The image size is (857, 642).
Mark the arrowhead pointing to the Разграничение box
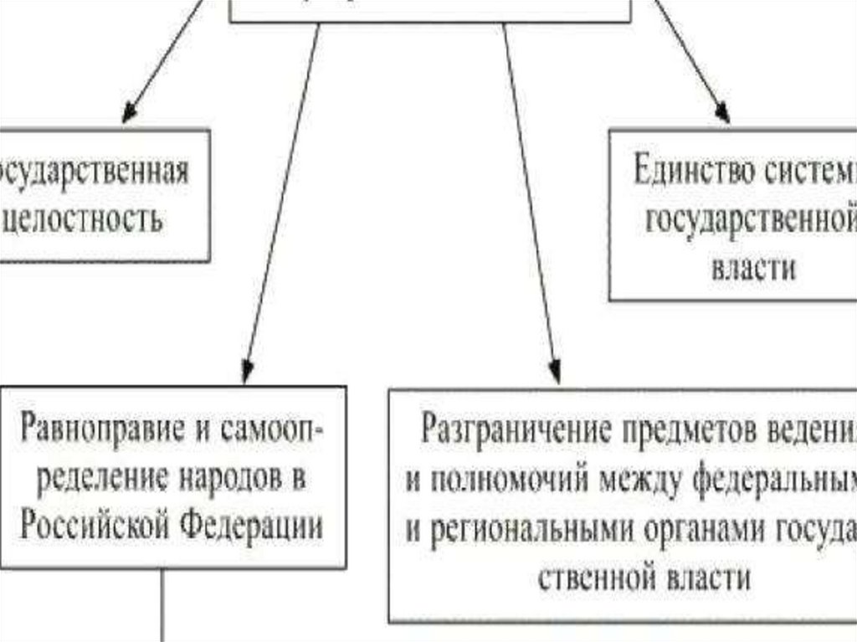pyautogui.click(x=554, y=373)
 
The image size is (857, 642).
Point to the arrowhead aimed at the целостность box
pyautogui.click(x=130, y=113)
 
